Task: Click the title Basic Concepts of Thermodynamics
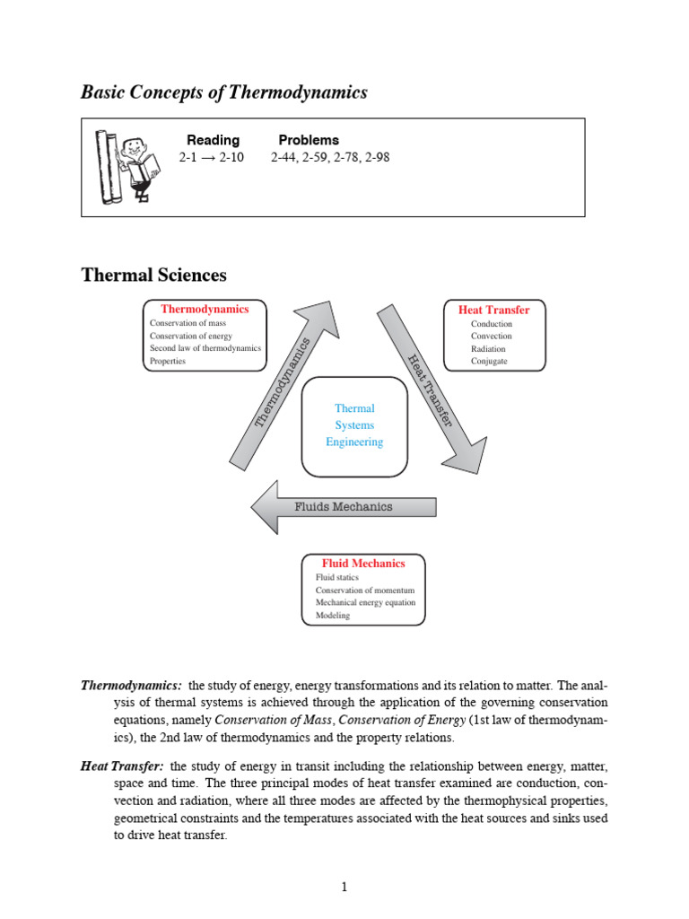[224, 92]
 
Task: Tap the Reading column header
[213, 140]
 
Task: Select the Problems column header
[309, 140]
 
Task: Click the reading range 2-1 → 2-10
[212, 157]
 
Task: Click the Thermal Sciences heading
[153, 275]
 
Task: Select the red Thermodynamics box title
[205, 309]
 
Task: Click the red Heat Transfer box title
[493, 310]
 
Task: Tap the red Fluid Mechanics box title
[363, 564]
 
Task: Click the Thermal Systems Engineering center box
[354, 425]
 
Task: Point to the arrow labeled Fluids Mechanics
[344, 506]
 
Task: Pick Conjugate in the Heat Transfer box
[489, 362]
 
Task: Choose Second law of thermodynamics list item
[205, 348]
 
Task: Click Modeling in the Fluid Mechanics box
[333, 616]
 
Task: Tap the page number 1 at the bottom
[344, 888]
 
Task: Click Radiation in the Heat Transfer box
[488, 349]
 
